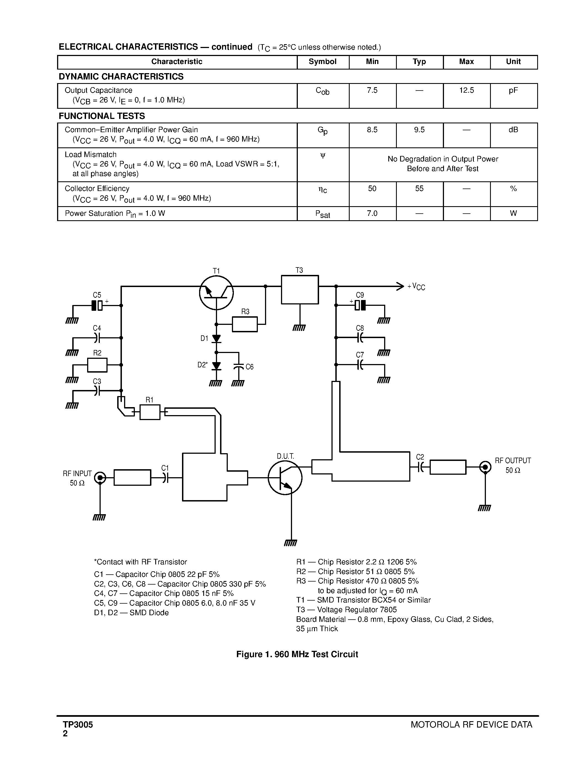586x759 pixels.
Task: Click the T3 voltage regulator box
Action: tap(299, 290)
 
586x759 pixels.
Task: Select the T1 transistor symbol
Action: tap(216, 293)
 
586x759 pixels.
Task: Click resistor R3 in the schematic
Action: tap(245, 324)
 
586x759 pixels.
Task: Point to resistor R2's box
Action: tap(97, 365)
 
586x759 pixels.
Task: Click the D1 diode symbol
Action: tap(216, 338)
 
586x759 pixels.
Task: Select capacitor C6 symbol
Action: tap(239, 366)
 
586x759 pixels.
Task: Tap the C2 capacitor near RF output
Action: tap(420, 467)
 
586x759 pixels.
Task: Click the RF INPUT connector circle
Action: tap(100, 478)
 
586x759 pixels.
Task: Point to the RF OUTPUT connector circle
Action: tap(485, 467)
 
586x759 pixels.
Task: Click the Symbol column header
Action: tap(323, 62)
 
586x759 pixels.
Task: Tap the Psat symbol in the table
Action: tap(323, 214)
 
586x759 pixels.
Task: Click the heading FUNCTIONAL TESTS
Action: tap(102, 116)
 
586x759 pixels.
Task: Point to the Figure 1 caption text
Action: tap(297, 654)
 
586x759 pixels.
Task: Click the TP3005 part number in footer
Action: tap(78, 725)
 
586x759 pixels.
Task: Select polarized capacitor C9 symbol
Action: tap(360, 305)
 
